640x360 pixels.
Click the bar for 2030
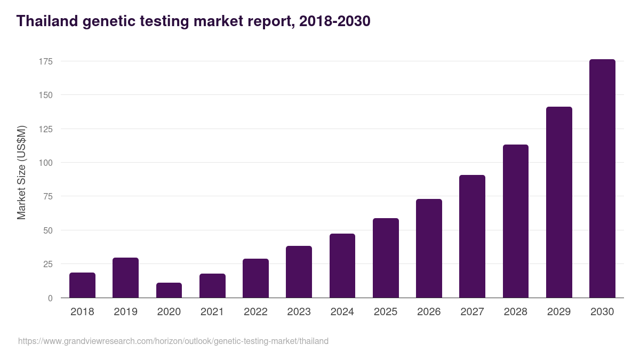click(x=602, y=179)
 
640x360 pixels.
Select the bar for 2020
click(x=169, y=290)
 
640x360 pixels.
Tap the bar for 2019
click(x=125, y=278)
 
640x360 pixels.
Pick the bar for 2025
click(x=386, y=258)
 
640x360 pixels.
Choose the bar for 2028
click(x=516, y=221)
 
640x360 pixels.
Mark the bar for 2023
click(x=299, y=272)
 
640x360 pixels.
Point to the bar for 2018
click(x=82, y=285)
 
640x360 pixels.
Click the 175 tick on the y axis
click(x=45, y=61)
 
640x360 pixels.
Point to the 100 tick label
click(x=45, y=163)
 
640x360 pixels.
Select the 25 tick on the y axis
click(x=47, y=264)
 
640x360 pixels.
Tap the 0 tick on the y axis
click(x=50, y=298)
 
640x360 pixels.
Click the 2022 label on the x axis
click(x=255, y=312)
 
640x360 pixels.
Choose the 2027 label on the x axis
click(x=472, y=312)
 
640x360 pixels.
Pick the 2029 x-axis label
click(x=559, y=312)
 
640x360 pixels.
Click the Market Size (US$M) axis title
click(x=21, y=172)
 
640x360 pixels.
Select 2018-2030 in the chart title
click(x=334, y=21)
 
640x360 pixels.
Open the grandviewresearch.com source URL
click(x=173, y=341)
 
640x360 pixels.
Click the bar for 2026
click(x=429, y=249)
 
